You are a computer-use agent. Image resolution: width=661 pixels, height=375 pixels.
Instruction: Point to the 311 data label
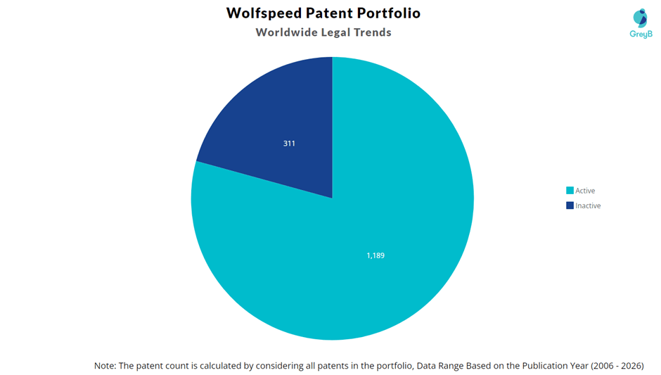coord(289,144)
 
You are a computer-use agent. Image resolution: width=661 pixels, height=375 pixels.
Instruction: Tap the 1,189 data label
coord(376,255)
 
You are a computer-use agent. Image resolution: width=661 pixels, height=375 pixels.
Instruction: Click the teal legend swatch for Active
coord(570,190)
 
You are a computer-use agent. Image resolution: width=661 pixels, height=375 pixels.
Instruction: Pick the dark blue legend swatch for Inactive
coord(570,205)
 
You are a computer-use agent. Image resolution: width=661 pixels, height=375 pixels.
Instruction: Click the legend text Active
coord(585,191)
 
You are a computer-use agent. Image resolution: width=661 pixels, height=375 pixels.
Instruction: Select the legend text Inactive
coord(588,206)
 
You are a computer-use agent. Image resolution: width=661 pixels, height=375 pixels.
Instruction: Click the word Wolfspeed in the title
coord(264,13)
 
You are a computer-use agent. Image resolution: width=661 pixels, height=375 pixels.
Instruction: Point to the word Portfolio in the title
coord(389,13)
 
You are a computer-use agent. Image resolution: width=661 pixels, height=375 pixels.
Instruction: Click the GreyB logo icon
coord(641,18)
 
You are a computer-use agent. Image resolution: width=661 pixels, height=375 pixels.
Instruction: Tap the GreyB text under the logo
coord(641,34)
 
